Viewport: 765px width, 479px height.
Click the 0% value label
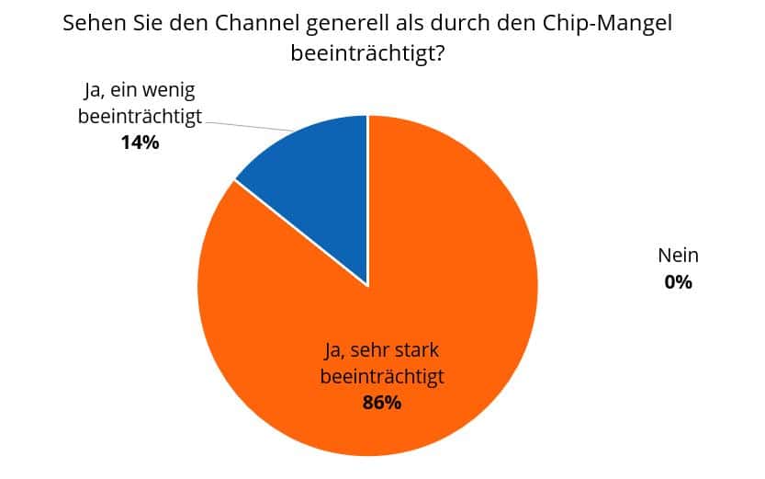coord(678,282)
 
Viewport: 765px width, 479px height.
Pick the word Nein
coord(678,257)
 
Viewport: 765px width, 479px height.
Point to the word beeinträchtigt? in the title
coord(367,53)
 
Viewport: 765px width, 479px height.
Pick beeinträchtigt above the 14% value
coord(140,117)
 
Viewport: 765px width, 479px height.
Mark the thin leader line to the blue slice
coord(248,125)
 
